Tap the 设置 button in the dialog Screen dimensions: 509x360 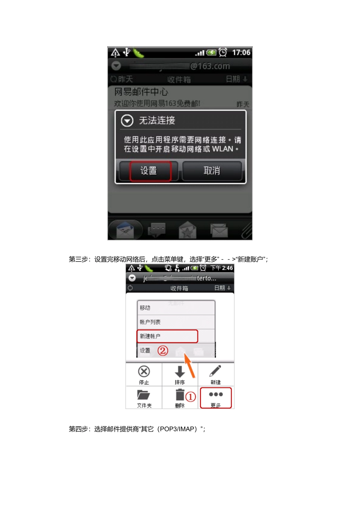149,171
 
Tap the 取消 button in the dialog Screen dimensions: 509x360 212,171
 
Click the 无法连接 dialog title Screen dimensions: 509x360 157,121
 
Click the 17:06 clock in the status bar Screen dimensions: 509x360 241,53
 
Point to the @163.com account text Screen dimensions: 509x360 210,66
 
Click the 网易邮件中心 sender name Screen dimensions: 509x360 141,92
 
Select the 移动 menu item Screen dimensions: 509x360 145,308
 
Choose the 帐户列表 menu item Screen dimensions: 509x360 150,322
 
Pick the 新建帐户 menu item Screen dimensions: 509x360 150,336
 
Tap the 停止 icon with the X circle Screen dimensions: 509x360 144,372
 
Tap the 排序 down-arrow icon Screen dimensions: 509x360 180,372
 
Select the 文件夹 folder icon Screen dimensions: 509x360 144,395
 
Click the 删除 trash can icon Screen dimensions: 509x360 180,395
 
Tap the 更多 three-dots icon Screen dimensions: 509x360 216,395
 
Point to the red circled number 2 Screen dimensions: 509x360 163,350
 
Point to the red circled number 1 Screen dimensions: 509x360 191,397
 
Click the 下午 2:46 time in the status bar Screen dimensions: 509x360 222,268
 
